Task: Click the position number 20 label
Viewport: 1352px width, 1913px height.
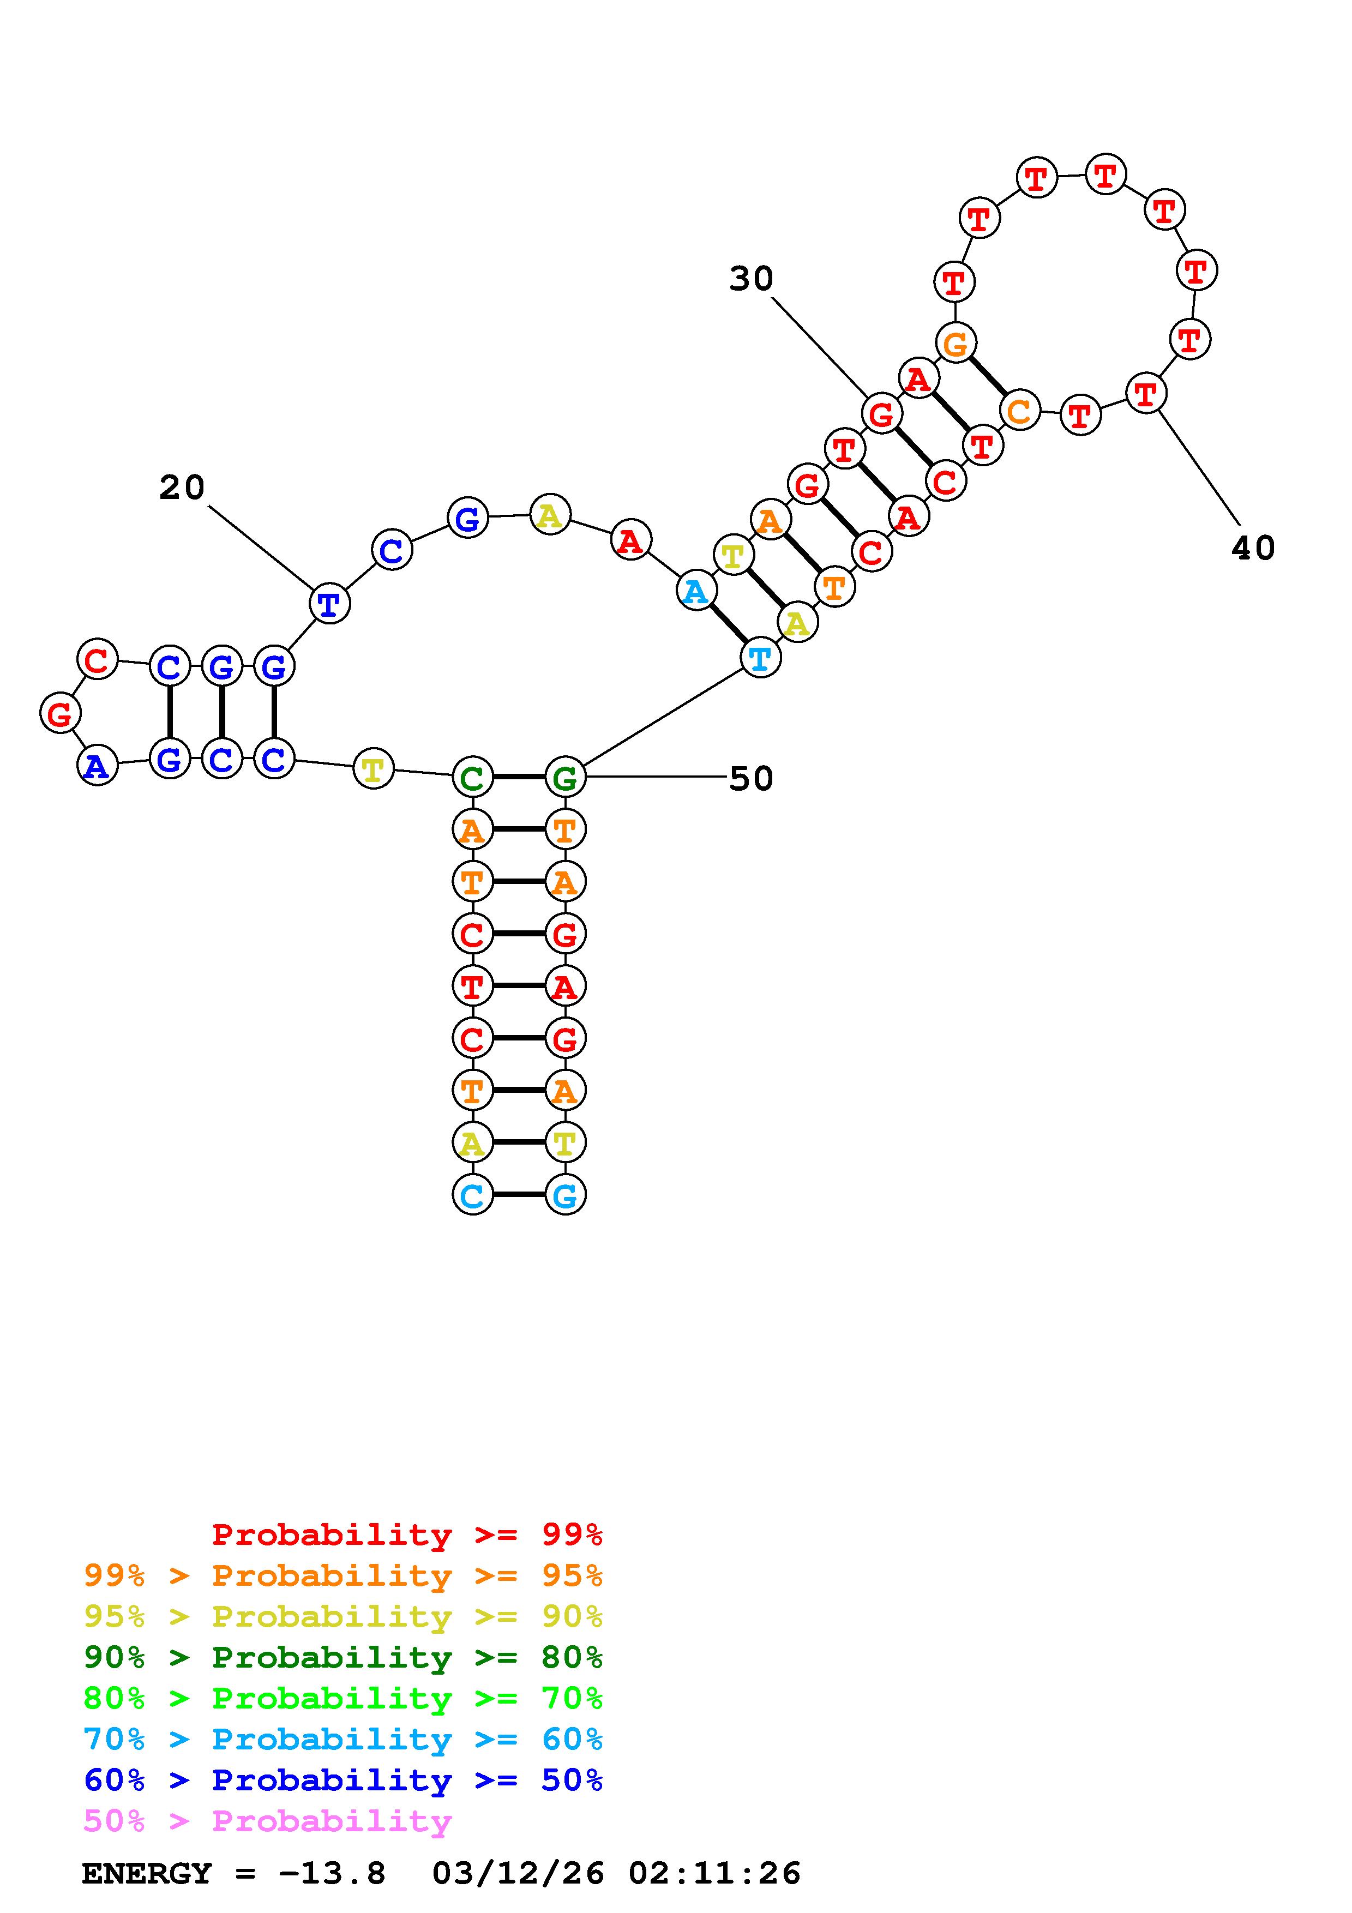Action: tap(182, 488)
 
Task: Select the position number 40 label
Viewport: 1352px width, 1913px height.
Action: tap(1253, 548)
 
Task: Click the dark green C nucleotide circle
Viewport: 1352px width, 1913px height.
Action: tap(472, 778)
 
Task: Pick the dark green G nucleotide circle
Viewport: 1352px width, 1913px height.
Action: tap(566, 778)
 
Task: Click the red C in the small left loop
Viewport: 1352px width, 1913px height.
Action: tap(98, 660)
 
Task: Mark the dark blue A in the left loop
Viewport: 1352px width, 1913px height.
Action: tap(98, 766)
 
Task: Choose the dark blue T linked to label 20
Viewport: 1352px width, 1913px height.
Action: tap(329, 604)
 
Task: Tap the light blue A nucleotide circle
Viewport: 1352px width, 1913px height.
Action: tap(695, 592)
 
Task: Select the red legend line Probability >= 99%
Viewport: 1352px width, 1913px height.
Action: tap(407, 1534)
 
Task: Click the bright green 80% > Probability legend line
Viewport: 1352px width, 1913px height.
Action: tap(343, 1698)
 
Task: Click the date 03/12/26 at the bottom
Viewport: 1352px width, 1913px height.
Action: tap(518, 1874)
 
